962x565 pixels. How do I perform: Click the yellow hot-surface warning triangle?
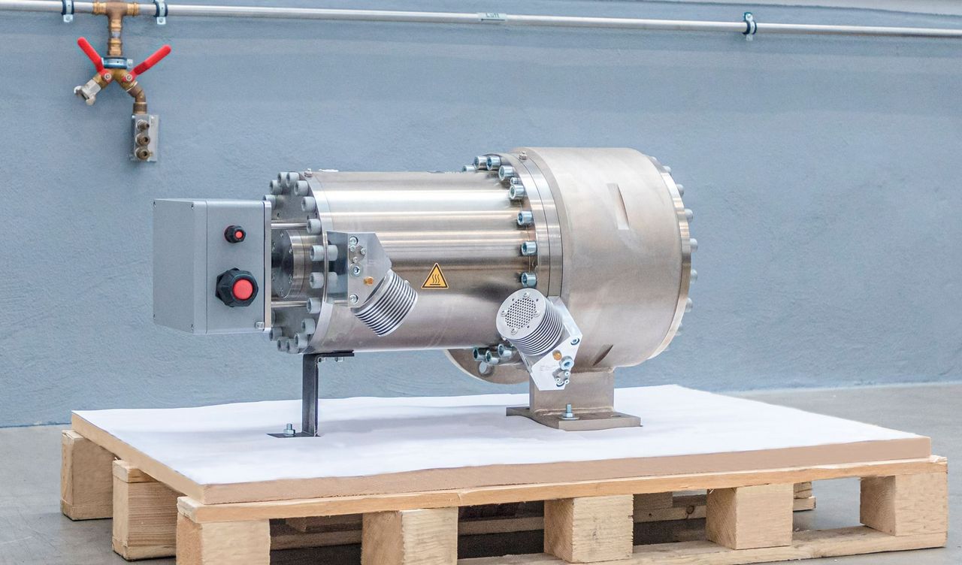click(434, 278)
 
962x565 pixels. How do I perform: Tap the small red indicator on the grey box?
click(234, 234)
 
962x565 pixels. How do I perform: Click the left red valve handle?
click(91, 53)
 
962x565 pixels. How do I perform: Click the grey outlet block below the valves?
click(144, 137)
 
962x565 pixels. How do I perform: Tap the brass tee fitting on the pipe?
click(115, 11)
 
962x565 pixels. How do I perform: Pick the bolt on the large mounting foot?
click(569, 412)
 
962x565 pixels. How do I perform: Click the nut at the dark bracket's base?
click(289, 430)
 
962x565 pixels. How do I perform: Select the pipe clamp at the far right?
click(749, 25)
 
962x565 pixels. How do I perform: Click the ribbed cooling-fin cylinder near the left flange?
click(385, 302)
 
